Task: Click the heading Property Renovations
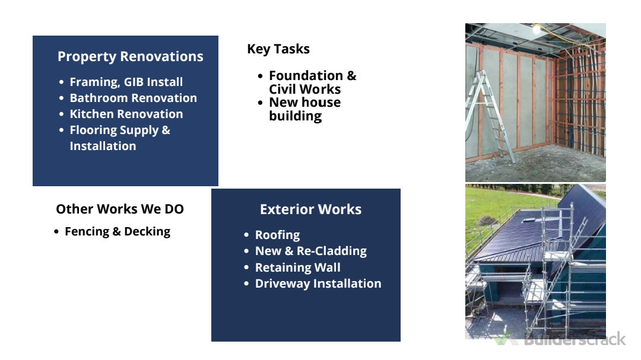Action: [130, 56]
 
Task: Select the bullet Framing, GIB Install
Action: [126, 82]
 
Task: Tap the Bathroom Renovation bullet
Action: [134, 98]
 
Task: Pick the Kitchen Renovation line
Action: [126, 114]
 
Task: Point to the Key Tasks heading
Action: [278, 49]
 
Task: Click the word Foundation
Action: [306, 75]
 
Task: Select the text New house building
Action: [304, 109]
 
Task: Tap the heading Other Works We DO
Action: [120, 209]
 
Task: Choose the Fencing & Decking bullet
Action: [118, 232]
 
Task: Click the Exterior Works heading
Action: [310, 209]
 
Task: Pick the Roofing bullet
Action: [277, 235]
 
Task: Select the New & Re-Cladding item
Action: [310, 251]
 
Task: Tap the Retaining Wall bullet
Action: [297, 267]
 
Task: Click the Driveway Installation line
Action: [318, 283]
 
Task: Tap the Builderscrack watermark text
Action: [575, 339]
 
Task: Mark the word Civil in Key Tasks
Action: [281, 89]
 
